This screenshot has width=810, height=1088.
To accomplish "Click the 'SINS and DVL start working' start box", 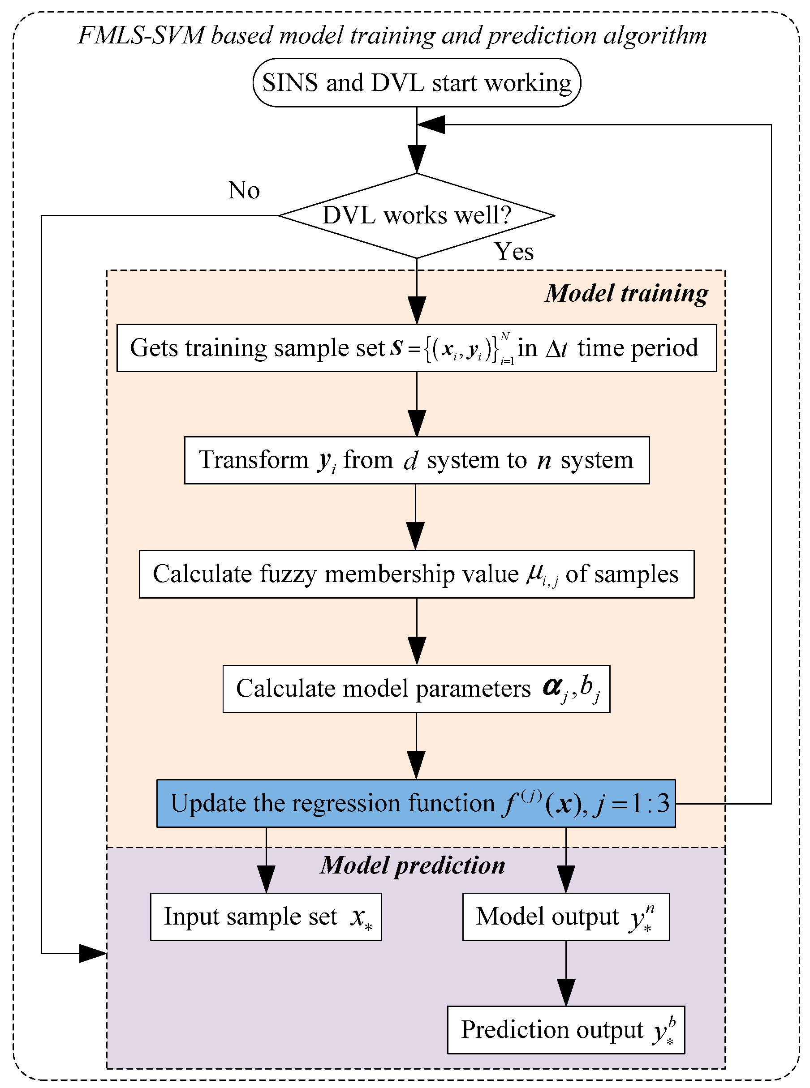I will (x=416, y=82).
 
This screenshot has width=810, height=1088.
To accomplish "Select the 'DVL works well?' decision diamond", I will (x=416, y=215).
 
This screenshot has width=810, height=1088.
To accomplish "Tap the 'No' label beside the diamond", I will (x=244, y=190).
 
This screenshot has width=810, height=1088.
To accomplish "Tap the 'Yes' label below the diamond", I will (x=513, y=252).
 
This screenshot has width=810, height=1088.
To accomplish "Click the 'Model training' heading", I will (x=626, y=293).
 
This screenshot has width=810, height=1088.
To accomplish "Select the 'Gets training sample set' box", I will (x=416, y=348).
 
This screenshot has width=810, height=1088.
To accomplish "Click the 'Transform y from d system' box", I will (x=416, y=460).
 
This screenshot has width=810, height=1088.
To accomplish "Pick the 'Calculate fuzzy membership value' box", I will (x=416, y=574).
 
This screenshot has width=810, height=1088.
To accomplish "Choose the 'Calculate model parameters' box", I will (x=416, y=688).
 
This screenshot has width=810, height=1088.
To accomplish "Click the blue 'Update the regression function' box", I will (x=415, y=803).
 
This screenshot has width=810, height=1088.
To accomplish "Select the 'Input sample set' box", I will (x=266, y=917).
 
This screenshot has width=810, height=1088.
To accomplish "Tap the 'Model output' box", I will (x=565, y=917).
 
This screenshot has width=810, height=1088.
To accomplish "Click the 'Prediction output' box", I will (x=565, y=1030).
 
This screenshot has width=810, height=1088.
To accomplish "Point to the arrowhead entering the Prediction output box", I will (x=566, y=994).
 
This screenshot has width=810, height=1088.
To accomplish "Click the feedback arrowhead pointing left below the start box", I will (x=431, y=124).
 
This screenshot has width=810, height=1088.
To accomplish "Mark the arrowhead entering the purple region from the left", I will (x=93, y=953).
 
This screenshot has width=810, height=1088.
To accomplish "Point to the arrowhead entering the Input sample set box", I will (x=266, y=880).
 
